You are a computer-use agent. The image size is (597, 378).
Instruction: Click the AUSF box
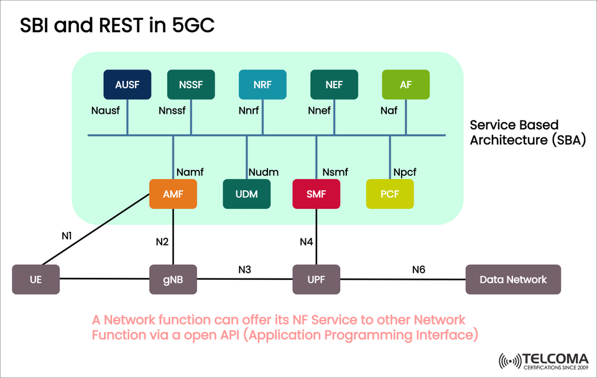click(127, 85)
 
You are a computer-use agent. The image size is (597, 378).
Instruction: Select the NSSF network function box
click(191, 85)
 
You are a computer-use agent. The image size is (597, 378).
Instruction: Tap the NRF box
click(262, 85)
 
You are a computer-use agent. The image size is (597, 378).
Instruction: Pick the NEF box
click(334, 85)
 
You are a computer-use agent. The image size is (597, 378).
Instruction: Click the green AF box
click(405, 85)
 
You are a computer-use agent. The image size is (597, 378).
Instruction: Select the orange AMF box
click(173, 194)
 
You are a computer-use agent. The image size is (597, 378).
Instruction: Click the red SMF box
click(316, 194)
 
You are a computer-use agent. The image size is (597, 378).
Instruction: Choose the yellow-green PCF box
click(390, 194)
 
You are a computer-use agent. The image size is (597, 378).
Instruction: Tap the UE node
click(36, 279)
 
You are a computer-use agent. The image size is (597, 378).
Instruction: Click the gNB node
click(173, 279)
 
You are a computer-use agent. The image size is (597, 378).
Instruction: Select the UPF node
click(317, 279)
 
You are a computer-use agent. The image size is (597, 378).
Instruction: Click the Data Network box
click(513, 279)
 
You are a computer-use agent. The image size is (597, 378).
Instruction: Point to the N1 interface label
click(67, 236)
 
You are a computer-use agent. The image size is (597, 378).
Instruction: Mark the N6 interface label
click(419, 269)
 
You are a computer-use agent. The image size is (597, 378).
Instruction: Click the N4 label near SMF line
click(306, 241)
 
